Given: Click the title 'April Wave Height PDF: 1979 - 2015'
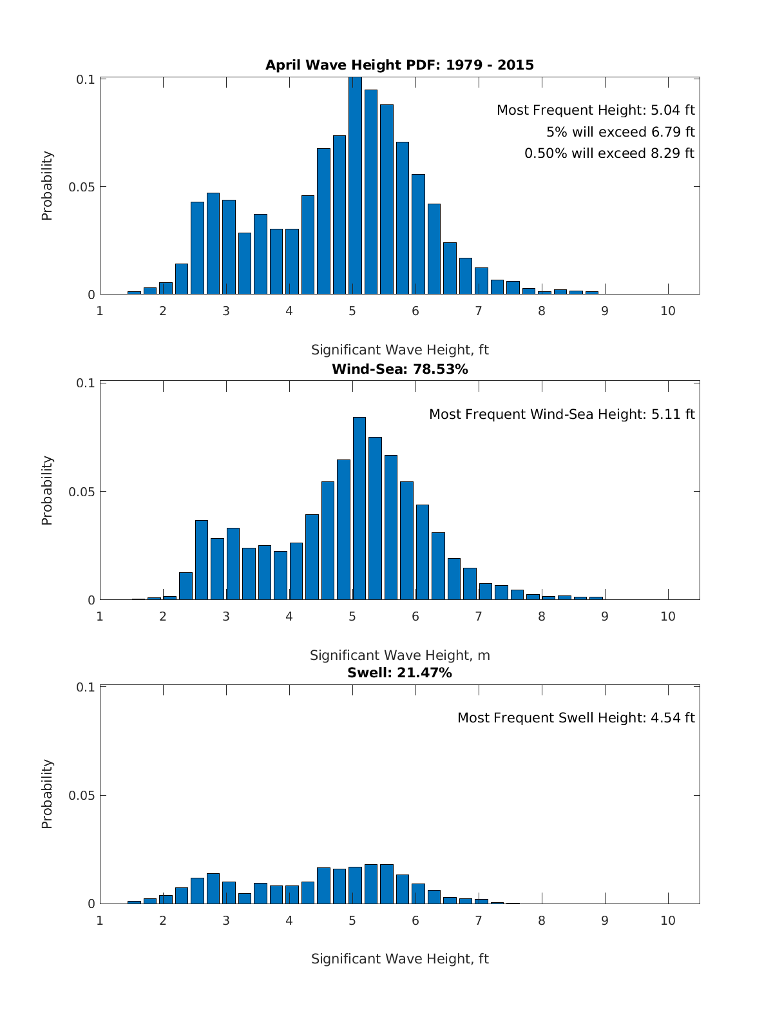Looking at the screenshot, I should coord(399,64).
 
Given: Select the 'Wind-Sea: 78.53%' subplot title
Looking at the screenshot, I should coord(399,369).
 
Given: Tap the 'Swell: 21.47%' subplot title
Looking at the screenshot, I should coord(399,673).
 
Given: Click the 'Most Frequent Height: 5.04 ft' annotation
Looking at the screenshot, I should coord(595,110).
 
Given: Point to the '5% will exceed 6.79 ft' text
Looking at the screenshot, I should coord(620,132).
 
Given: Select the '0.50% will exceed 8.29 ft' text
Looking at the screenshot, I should coord(609,153).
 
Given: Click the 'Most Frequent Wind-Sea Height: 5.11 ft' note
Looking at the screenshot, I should coord(562,414).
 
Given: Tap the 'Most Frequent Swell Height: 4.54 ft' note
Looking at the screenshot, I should coord(576,718).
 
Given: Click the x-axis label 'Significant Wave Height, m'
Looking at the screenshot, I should coord(399,655).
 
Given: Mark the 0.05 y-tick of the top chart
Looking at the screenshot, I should coord(82,187).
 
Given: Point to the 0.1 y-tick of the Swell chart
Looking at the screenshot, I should coord(86,687).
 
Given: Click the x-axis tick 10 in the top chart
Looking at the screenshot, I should coord(668,311).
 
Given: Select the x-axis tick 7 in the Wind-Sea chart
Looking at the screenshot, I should coord(479,616).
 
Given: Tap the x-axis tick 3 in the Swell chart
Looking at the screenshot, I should coord(226,920).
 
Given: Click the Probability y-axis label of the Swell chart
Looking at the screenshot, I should coord(47,794).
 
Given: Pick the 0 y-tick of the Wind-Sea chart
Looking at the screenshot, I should coord(91,600).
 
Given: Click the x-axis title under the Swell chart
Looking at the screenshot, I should coord(399,959).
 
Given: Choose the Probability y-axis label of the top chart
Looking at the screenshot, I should coord(47,186).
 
